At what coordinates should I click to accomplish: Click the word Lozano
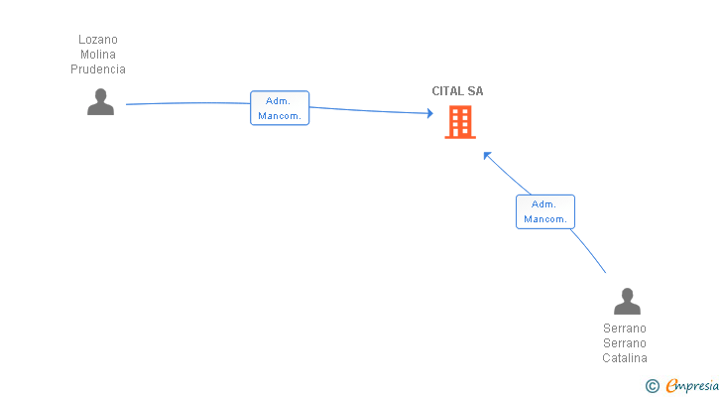[x=98, y=40]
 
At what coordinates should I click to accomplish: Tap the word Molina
[x=98, y=55]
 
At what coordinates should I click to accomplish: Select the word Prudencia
[x=98, y=69]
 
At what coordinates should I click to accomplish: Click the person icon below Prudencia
[x=101, y=102]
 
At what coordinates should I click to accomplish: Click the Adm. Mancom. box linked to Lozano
[x=280, y=108]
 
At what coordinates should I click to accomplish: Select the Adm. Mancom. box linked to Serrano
[x=545, y=211]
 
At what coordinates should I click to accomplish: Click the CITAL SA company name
[x=458, y=91]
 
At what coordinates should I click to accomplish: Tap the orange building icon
[x=460, y=122]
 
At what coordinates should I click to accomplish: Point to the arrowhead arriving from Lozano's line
[x=430, y=113]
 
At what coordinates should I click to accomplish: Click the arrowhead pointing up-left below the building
[x=487, y=155]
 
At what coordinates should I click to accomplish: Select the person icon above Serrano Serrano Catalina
[x=627, y=301]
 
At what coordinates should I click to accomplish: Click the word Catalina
[x=625, y=358]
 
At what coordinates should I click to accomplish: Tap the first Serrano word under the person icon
[x=625, y=329]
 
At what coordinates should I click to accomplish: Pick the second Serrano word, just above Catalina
[x=625, y=343]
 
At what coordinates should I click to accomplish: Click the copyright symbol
[x=653, y=386]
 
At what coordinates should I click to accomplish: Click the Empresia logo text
[x=692, y=386]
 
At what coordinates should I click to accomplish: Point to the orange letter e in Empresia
[x=672, y=385]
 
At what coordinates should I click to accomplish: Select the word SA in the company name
[x=475, y=91]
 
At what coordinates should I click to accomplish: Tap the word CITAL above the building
[x=447, y=91]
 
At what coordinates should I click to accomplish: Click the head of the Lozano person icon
[x=101, y=95]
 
